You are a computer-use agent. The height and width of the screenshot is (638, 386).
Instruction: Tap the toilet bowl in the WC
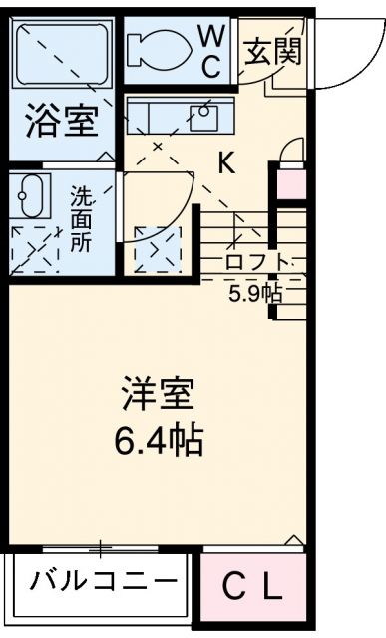[x=160, y=47]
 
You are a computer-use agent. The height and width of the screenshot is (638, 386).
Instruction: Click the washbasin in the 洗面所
[x=32, y=193]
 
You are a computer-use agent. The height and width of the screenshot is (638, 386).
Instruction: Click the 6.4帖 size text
[x=160, y=439]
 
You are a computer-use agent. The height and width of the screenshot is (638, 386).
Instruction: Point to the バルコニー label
[x=103, y=581]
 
